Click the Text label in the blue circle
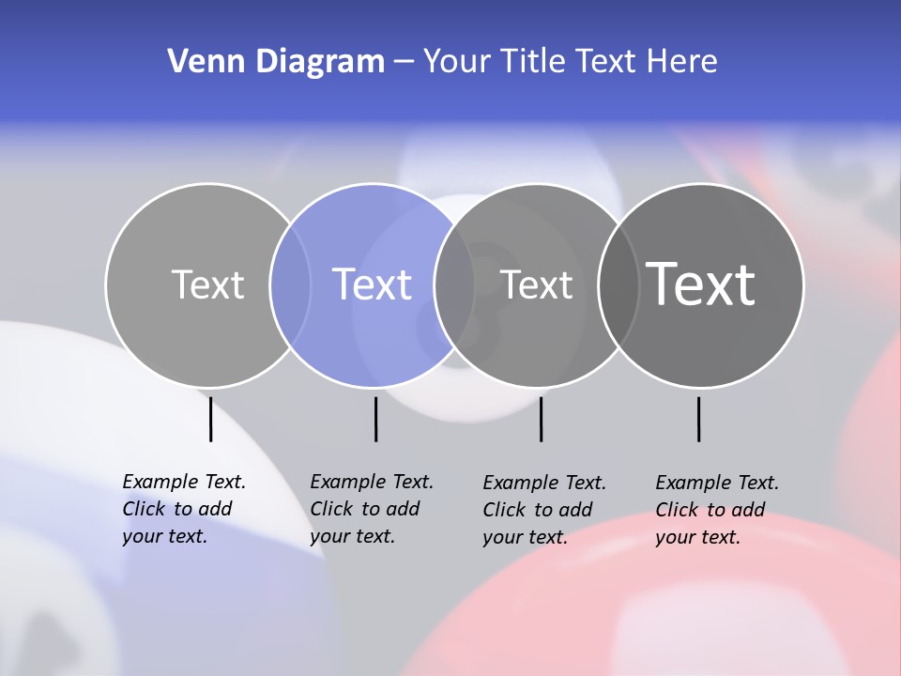click(373, 284)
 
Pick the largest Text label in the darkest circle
click(701, 284)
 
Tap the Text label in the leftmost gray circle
click(207, 284)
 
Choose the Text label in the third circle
click(536, 284)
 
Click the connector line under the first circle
click(211, 419)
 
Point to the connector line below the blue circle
click(375, 419)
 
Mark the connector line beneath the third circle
click(542, 419)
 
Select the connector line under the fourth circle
click(699, 419)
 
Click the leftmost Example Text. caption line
click(184, 482)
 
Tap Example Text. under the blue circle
click(372, 482)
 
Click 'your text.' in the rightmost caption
click(697, 537)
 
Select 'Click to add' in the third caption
click(538, 510)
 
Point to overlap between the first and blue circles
click(290, 285)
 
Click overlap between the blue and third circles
click(454, 285)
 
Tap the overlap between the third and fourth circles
click(618, 285)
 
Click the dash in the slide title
click(404, 62)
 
